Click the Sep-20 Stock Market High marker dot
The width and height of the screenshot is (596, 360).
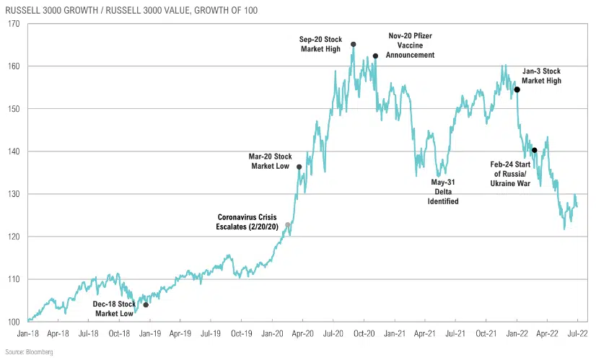point(353,44)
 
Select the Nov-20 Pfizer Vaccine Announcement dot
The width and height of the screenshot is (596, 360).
point(375,56)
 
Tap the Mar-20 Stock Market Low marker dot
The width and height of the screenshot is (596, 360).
point(299,167)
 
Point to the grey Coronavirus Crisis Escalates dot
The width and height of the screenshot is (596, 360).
point(288,225)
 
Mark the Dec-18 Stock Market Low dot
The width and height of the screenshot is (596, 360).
point(146,305)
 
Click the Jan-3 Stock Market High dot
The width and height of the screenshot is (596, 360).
point(517,89)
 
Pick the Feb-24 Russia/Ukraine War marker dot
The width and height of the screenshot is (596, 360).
point(534,150)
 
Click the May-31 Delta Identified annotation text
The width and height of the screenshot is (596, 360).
point(444,191)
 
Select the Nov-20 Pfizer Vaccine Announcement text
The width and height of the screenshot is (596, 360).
point(411,45)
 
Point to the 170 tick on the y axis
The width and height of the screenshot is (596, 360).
point(14,23)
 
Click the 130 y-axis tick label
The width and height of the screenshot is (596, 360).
point(14,194)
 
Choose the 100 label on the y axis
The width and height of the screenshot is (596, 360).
point(14,322)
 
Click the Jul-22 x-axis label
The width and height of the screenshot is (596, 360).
point(577,334)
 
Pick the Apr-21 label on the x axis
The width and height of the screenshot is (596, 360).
point(424,334)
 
